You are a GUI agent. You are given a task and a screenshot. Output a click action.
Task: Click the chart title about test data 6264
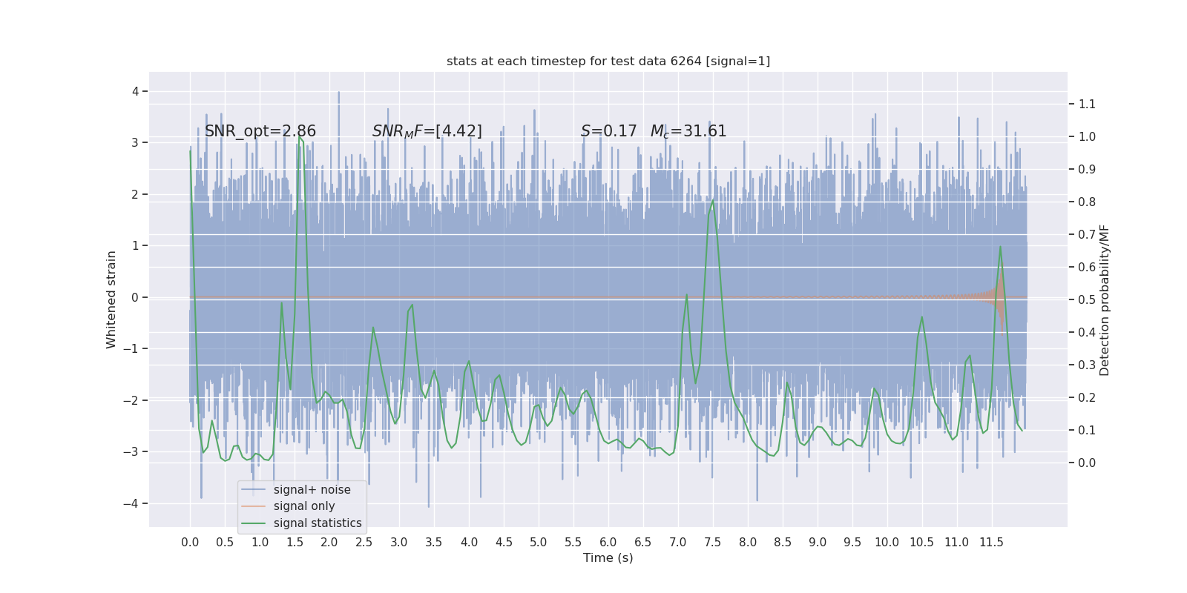coord(608,62)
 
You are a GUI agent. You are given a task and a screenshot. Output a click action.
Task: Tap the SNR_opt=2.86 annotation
coord(260,131)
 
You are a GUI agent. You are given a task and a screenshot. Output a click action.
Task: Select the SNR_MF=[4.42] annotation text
coord(427,131)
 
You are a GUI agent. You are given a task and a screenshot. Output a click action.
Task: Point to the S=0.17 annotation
coord(608,131)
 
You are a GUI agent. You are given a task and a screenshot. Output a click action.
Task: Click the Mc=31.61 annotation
coord(688,131)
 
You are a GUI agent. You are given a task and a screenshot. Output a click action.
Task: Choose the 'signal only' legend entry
coord(304,506)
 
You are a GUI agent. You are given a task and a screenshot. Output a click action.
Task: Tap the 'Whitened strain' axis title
coord(111,299)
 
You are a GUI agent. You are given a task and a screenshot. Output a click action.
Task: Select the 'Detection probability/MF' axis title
coord(1105,299)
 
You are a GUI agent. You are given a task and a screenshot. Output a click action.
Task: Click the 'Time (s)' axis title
coord(608,557)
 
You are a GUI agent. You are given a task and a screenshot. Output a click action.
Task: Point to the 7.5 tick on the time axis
coord(713,542)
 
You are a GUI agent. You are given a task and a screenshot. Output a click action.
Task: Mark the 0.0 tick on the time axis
coord(190,542)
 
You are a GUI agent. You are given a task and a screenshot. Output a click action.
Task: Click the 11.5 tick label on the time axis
coord(991,542)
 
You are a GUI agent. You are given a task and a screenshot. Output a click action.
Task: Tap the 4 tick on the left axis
coord(135,92)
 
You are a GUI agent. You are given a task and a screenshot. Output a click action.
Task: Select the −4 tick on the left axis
coord(132,504)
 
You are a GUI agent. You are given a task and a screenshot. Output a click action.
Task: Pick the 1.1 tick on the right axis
coord(1087,105)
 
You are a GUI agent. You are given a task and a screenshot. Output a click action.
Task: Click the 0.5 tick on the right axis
coord(1087,300)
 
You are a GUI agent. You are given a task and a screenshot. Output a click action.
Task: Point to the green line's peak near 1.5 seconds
coord(299,136)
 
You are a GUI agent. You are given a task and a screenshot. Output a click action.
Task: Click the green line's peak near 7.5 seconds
coord(713,200)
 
